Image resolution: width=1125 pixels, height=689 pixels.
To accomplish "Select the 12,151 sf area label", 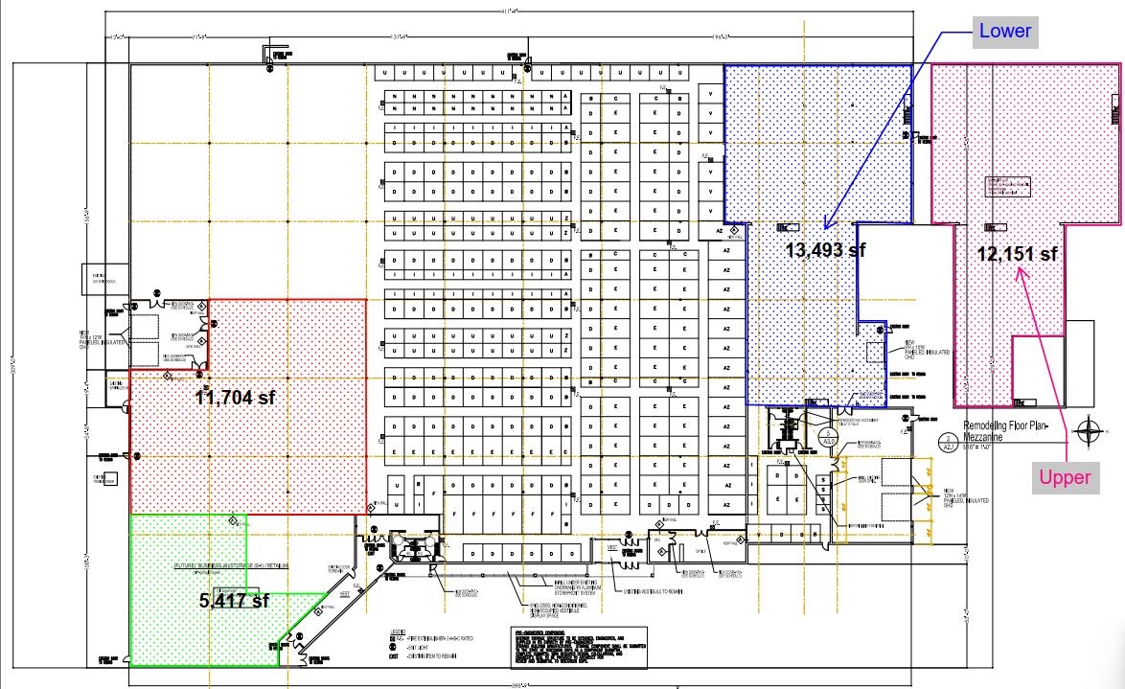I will (x=1017, y=254).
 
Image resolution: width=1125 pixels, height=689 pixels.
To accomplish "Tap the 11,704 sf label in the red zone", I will (x=236, y=397).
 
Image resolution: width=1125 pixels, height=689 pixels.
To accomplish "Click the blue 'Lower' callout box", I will (x=1004, y=31).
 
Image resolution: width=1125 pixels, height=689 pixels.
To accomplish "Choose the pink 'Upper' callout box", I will (x=1066, y=477).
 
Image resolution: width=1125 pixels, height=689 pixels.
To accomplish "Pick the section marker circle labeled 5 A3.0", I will (x=828, y=436).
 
